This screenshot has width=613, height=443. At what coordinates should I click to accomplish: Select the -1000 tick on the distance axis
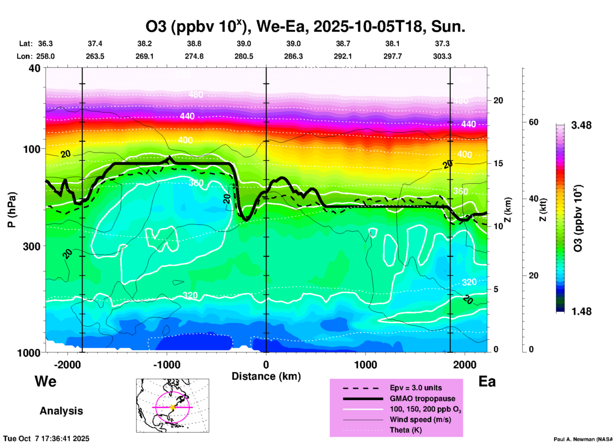click(166, 365)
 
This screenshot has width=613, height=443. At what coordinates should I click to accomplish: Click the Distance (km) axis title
click(266, 376)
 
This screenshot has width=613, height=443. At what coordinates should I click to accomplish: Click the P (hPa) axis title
click(12, 210)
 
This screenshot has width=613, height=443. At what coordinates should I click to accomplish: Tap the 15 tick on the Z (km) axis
click(498, 163)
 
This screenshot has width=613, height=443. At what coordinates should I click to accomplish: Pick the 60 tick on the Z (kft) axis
click(533, 122)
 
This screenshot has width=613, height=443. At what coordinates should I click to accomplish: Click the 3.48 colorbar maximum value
click(581, 126)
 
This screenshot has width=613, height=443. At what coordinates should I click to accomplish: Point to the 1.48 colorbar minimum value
click(581, 311)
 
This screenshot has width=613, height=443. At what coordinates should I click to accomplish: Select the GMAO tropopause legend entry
click(422, 399)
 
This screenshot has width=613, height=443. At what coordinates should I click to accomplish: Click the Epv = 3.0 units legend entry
click(416, 388)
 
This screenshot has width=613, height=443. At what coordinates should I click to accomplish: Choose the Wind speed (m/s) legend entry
click(420, 419)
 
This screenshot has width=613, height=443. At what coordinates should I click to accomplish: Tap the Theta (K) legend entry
click(405, 430)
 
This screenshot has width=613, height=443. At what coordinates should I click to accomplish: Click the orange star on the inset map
click(173, 407)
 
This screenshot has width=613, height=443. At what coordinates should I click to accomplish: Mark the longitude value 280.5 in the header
click(244, 56)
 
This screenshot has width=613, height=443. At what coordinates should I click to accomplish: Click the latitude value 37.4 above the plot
click(95, 44)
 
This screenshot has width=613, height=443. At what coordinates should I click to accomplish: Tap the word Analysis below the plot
click(61, 411)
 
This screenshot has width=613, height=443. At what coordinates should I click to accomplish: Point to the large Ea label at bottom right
click(487, 381)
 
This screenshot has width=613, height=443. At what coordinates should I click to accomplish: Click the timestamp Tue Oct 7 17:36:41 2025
click(46, 439)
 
